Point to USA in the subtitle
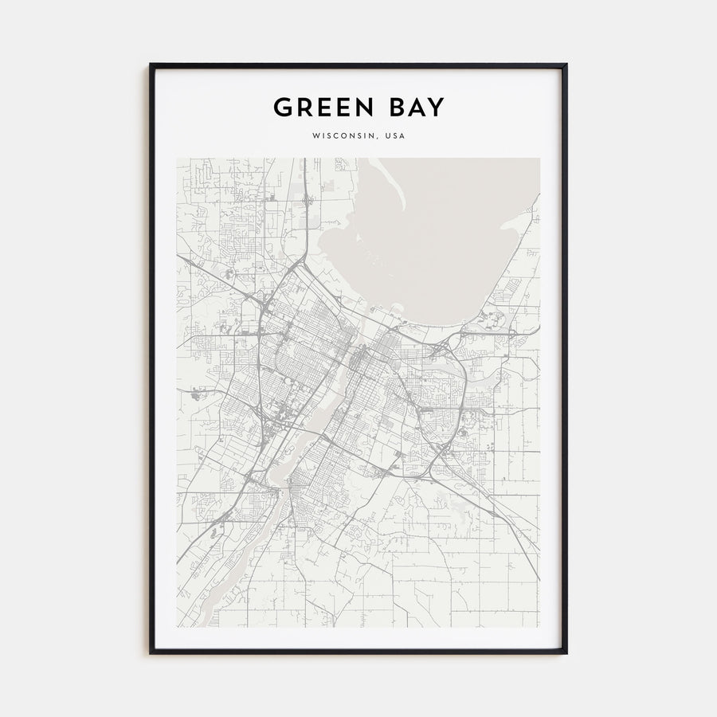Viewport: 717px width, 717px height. pos(394,136)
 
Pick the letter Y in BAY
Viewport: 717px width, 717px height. pos(437,108)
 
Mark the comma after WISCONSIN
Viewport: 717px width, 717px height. pos(377,138)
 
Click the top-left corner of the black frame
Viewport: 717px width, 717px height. pos(151,65)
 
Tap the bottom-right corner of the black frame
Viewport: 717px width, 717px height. pos(566,653)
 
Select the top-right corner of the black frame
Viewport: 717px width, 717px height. pos(566,65)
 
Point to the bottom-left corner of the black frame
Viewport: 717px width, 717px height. pos(151,653)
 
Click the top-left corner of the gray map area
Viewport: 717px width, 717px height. pos(177,159)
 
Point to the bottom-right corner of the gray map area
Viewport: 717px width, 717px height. pos(539,627)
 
